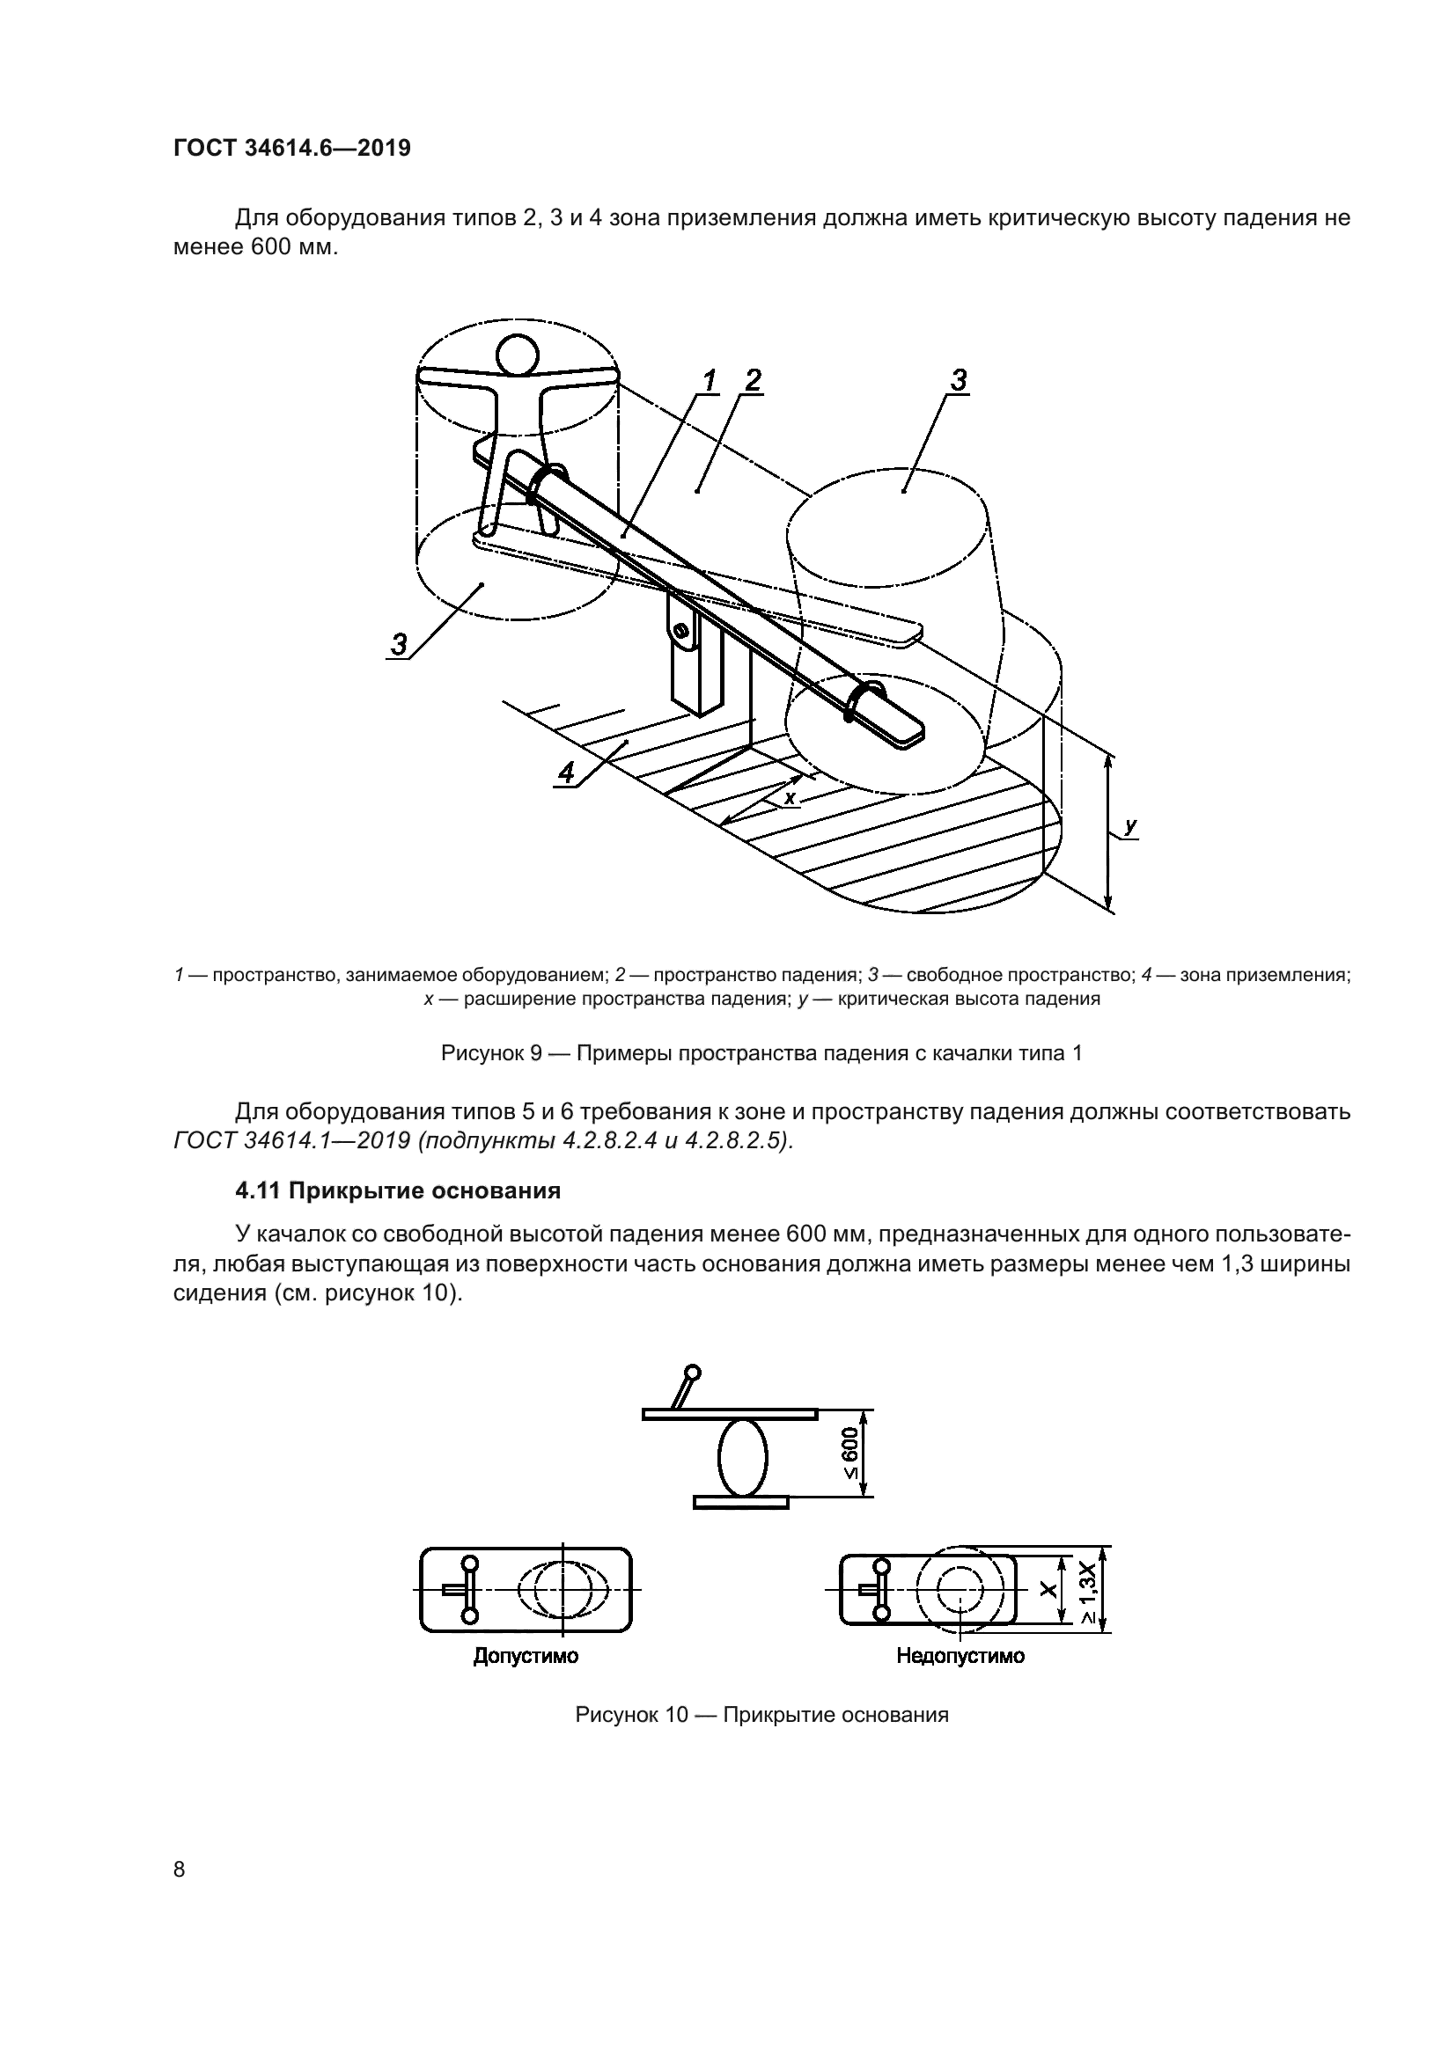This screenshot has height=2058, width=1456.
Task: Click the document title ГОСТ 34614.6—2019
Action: coord(291,148)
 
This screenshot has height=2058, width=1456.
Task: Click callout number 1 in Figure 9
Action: coord(710,381)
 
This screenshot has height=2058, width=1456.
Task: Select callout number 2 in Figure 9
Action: coord(751,380)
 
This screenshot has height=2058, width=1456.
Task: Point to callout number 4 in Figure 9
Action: coord(566,772)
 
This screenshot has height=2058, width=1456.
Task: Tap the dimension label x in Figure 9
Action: coord(790,796)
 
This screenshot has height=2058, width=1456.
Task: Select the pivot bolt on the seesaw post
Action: coord(683,633)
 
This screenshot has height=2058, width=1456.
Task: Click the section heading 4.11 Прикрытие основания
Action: coord(397,1191)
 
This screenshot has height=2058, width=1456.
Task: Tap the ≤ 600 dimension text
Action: coord(850,1454)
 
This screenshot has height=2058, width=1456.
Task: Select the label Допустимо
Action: coord(526,1656)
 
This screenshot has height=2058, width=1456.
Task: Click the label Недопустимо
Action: coord(960,1656)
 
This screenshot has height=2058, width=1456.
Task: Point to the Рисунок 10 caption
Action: coord(761,1715)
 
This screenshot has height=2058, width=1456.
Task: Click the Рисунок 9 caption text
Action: coord(761,1053)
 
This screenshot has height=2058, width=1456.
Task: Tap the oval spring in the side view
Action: coord(742,1456)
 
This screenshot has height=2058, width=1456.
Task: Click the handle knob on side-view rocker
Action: coord(692,1373)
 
